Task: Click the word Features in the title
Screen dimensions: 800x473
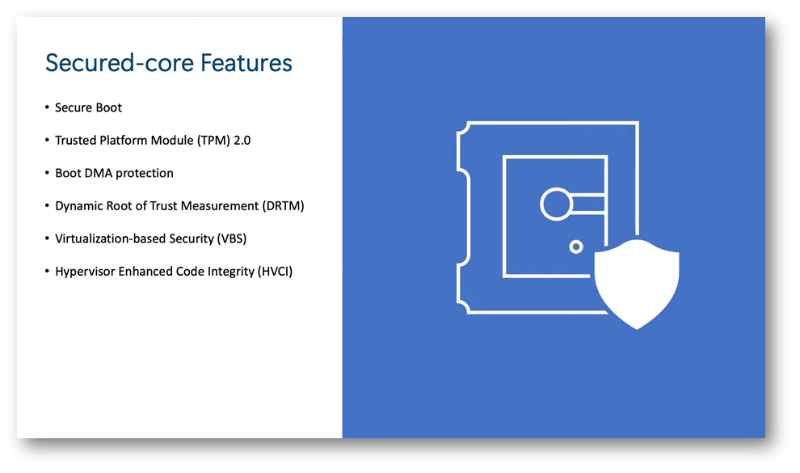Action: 246,63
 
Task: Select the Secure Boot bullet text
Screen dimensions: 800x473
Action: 88,108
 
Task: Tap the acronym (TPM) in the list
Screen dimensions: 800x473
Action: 213,141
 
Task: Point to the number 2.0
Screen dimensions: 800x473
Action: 242,141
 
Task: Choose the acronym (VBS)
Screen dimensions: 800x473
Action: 232,239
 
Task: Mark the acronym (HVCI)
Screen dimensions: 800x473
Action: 275,271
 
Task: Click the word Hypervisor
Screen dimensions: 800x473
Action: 85,272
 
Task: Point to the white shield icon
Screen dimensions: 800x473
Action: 637,284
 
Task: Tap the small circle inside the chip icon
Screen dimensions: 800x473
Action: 576,247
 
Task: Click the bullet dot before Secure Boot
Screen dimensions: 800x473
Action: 47,108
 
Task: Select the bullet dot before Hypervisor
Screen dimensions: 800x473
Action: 47,271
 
